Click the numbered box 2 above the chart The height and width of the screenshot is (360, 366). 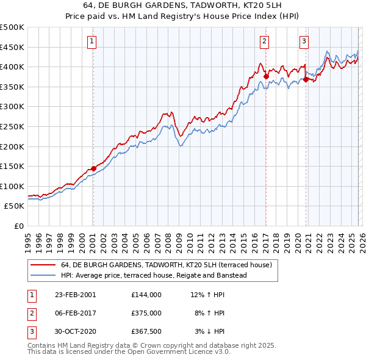point(265,41)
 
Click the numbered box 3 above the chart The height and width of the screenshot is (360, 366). point(304,41)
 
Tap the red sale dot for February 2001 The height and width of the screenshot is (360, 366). point(93,168)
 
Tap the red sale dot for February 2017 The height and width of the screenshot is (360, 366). point(266,76)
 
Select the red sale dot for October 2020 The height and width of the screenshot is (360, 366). point(306,79)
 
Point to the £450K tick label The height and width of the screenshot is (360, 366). point(12,47)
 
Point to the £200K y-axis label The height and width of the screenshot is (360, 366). point(12,146)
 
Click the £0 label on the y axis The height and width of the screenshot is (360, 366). point(18,226)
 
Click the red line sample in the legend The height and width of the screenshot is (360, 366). point(43,265)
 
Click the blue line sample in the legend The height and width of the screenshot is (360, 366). point(43,275)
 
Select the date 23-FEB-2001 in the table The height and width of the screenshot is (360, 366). point(75,294)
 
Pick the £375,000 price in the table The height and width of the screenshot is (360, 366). point(146,313)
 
